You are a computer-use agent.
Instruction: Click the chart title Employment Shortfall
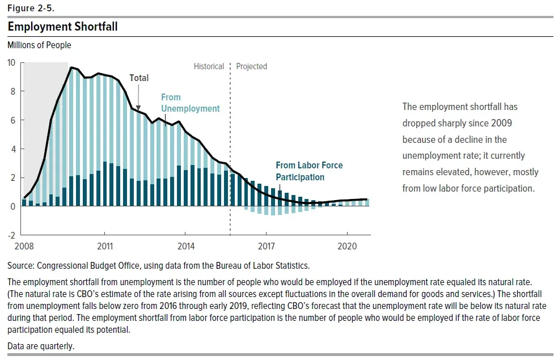[x=62, y=27]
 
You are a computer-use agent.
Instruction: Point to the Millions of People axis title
[x=39, y=45]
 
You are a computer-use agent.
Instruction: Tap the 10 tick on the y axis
[x=11, y=62]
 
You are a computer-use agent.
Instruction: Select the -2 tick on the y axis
[x=11, y=235]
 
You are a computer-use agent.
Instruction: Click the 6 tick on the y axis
[x=13, y=120]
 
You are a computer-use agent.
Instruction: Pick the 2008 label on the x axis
[x=24, y=247]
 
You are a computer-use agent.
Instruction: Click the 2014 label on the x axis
[x=185, y=247]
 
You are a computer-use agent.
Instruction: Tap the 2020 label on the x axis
[x=347, y=247]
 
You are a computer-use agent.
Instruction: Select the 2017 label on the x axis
[x=266, y=247]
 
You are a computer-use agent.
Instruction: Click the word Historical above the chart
[x=209, y=66]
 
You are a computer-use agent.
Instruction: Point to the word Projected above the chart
[x=251, y=66]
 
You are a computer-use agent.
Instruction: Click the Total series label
[x=139, y=78]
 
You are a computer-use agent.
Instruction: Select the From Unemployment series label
[x=190, y=103]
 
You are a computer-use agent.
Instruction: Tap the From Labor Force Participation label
[x=309, y=171]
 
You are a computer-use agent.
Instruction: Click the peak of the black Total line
[x=71, y=67]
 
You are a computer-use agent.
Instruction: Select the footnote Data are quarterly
[x=41, y=346]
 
